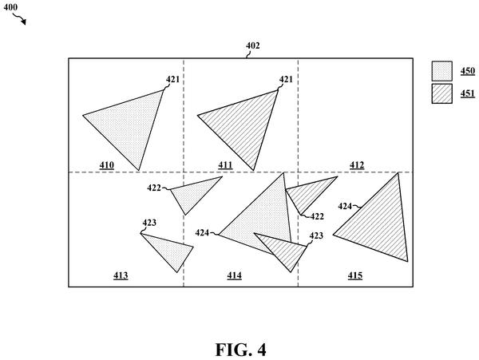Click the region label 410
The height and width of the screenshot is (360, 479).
[107, 165]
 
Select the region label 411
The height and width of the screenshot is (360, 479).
[225, 165]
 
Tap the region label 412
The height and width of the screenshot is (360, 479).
[357, 165]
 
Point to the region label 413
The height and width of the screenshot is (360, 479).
[121, 275]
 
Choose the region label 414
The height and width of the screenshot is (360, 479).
[234, 275]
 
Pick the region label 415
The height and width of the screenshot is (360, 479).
[355, 275]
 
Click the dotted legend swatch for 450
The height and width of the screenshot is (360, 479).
[441, 71]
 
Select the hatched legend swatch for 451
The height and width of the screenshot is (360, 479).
[441, 93]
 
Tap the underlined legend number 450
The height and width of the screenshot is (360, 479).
[468, 71]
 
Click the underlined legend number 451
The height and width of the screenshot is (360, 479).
[468, 93]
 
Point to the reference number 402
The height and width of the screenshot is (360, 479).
[252, 45]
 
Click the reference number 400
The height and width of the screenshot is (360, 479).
[10, 7]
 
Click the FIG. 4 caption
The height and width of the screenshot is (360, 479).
[241, 350]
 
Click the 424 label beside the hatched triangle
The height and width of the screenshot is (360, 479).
[345, 207]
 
